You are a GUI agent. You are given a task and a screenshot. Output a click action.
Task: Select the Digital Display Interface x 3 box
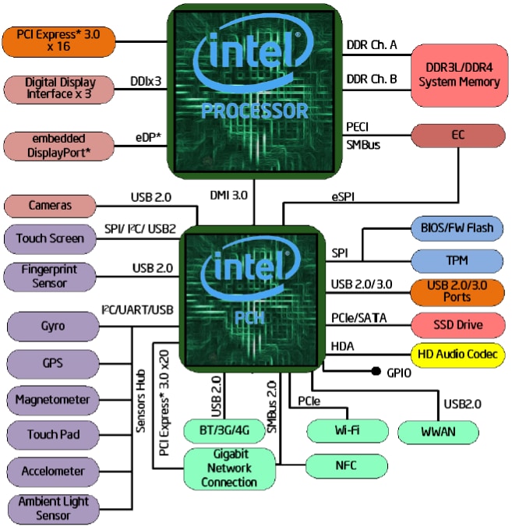(58, 88)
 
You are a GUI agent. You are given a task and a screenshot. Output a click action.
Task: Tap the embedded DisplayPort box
(58, 146)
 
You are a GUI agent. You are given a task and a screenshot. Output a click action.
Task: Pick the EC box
(457, 135)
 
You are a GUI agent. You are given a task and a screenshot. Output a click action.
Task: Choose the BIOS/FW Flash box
(457, 228)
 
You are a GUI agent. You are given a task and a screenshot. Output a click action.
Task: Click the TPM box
(457, 260)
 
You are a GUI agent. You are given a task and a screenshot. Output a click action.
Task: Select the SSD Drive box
(457, 323)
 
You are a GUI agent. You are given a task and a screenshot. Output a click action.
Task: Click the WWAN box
(437, 431)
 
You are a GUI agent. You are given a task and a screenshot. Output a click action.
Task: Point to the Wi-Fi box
(347, 430)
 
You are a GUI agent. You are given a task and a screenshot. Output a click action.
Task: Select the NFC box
(347, 466)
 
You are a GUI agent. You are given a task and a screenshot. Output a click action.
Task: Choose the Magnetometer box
(52, 400)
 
